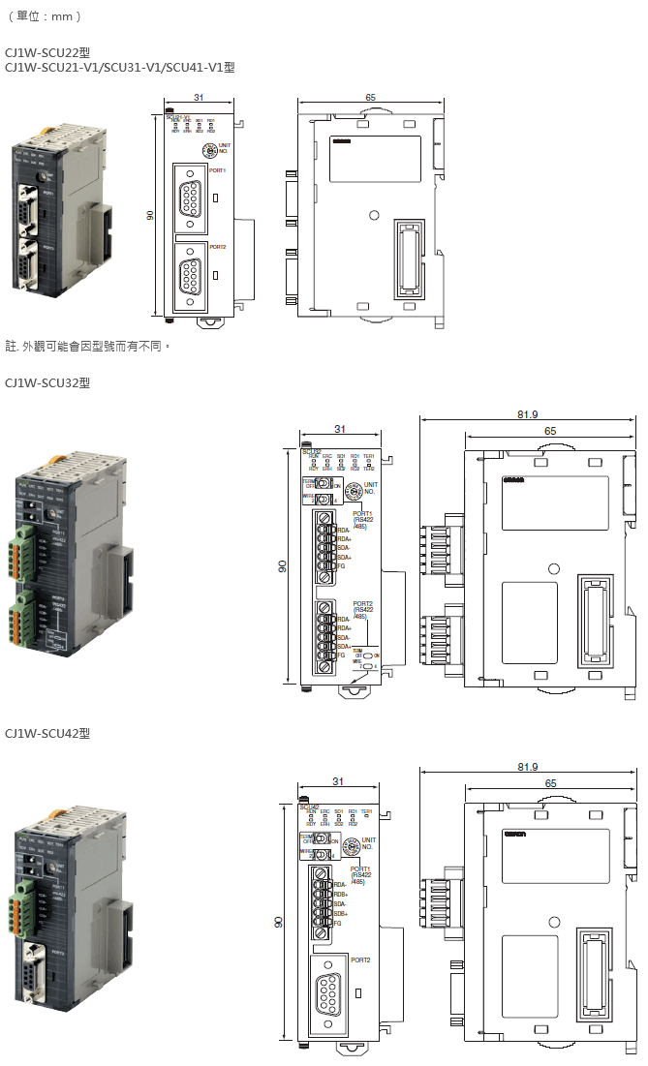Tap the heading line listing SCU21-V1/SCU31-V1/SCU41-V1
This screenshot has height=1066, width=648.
pos(119,67)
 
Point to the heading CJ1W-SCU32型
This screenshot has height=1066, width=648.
pos(47,382)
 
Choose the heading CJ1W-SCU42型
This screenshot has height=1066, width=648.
pos(47,733)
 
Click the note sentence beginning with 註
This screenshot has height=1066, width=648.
pos(88,345)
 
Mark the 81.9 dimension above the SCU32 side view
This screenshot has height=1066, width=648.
pos(528,414)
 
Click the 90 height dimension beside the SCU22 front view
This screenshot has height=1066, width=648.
pos(151,215)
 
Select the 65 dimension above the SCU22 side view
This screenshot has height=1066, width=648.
pos(371,98)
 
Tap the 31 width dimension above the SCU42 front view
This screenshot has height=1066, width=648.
pos(337,781)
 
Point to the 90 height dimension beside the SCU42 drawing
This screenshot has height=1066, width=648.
pos(278,923)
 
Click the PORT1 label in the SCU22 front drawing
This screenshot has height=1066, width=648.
pos(217,170)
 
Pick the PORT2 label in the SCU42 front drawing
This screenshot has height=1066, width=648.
pos(360,960)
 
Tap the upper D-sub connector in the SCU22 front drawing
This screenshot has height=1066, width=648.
pos(192,200)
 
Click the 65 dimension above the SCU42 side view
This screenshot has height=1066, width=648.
pos(550,782)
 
